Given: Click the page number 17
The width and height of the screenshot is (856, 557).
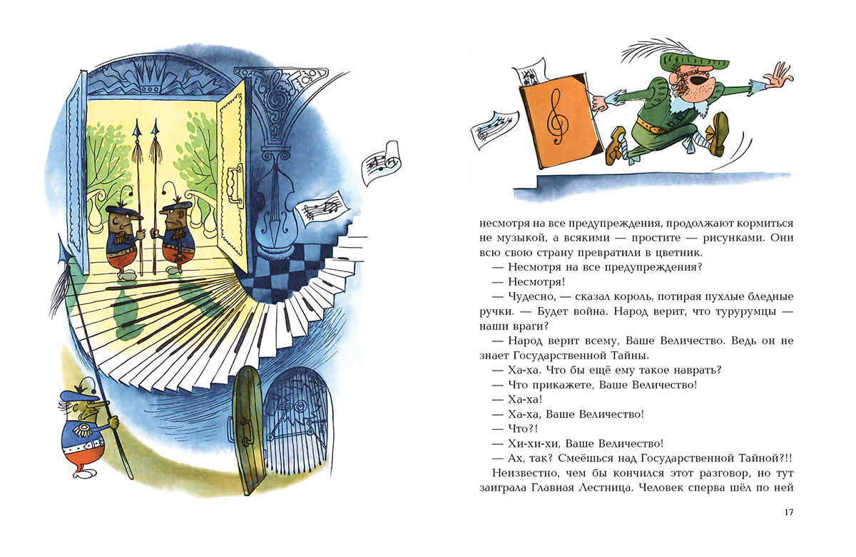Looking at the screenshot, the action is (x=789, y=512).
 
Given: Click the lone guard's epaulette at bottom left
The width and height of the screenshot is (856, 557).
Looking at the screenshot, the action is (x=82, y=431).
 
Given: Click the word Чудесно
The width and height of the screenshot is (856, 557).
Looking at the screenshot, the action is (x=531, y=297).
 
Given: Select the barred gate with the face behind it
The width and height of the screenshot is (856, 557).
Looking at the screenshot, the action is (x=297, y=421).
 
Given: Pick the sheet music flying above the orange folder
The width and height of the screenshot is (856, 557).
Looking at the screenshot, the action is (x=531, y=74).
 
